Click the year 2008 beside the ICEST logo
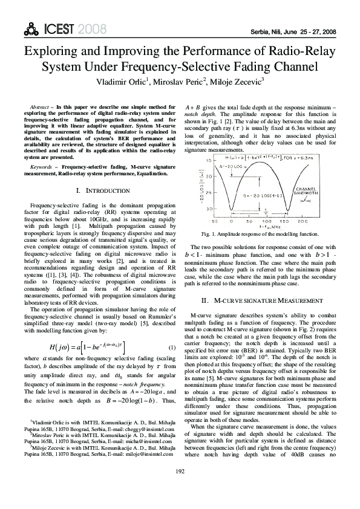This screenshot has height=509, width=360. pyautogui.click(x=91, y=30)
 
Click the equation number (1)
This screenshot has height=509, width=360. pyautogui.click(x=172, y=348)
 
